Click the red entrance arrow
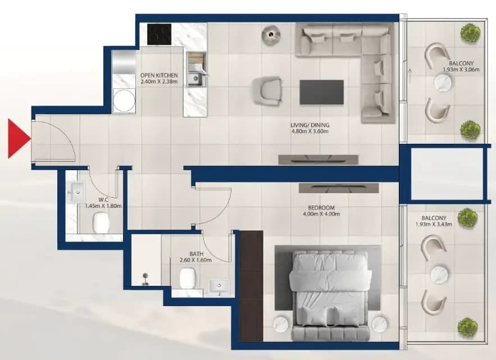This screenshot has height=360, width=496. click(19, 139)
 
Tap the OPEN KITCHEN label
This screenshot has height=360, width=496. click(159, 75)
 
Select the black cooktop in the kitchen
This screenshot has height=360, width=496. click(159, 34)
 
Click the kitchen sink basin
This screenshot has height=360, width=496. click(194, 79)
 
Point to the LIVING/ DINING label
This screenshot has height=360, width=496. click(310, 125)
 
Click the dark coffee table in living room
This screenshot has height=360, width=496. click(321, 92)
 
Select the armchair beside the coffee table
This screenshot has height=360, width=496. click(267, 92)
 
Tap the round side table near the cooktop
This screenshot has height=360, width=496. click(271, 34)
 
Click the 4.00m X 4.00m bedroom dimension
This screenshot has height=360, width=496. click(321, 214)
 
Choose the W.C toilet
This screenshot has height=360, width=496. click(101, 223)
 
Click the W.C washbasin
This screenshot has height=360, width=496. click(75, 192)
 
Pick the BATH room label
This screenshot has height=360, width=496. click(196, 254)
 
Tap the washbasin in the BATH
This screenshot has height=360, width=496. click(219, 286)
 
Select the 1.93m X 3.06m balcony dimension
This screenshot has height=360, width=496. click(461, 70)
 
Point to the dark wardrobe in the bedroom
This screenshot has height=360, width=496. click(251, 286)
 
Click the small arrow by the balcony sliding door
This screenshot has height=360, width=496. click(410, 76)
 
